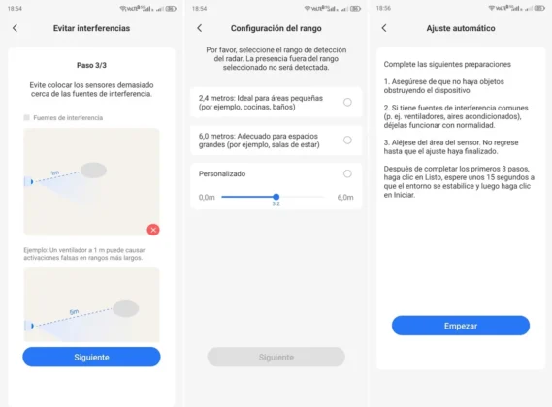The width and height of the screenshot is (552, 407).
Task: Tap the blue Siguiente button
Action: point(91,357)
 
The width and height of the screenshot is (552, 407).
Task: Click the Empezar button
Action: point(461,326)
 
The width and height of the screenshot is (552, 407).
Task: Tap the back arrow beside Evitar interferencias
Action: point(15,28)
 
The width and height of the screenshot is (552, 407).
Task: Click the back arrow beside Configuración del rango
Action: point(199,28)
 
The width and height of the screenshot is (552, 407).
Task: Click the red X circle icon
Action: point(153,230)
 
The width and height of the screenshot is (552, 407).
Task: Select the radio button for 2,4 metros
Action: point(347,102)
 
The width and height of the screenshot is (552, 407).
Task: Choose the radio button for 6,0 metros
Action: point(347,140)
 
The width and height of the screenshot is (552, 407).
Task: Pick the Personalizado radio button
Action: point(347,173)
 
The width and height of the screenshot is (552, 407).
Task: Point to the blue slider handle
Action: point(276,197)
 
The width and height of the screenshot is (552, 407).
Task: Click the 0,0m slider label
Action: point(207,197)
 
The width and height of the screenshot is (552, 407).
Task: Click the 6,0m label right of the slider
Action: point(344,197)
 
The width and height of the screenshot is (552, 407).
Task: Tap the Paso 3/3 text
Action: point(91,65)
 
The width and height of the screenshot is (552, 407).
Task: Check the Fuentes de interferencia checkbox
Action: point(27,118)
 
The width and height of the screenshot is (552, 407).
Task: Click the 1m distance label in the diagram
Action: point(55,173)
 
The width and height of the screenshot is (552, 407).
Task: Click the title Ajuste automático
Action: point(461,28)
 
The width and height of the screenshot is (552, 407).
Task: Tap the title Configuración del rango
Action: point(276,28)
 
